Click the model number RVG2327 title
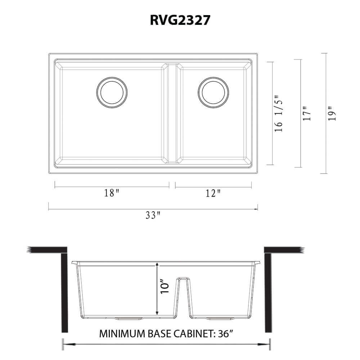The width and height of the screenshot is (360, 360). click(x=180, y=20)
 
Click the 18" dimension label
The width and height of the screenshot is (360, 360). click(x=112, y=193)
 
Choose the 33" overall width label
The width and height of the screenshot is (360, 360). click(x=153, y=215)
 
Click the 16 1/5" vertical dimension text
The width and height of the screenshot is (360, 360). click(x=279, y=114)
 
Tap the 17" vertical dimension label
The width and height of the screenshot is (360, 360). click(x=307, y=113)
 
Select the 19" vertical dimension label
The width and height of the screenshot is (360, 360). click(x=332, y=113)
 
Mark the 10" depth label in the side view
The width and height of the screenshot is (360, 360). click(x=165, y=287)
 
